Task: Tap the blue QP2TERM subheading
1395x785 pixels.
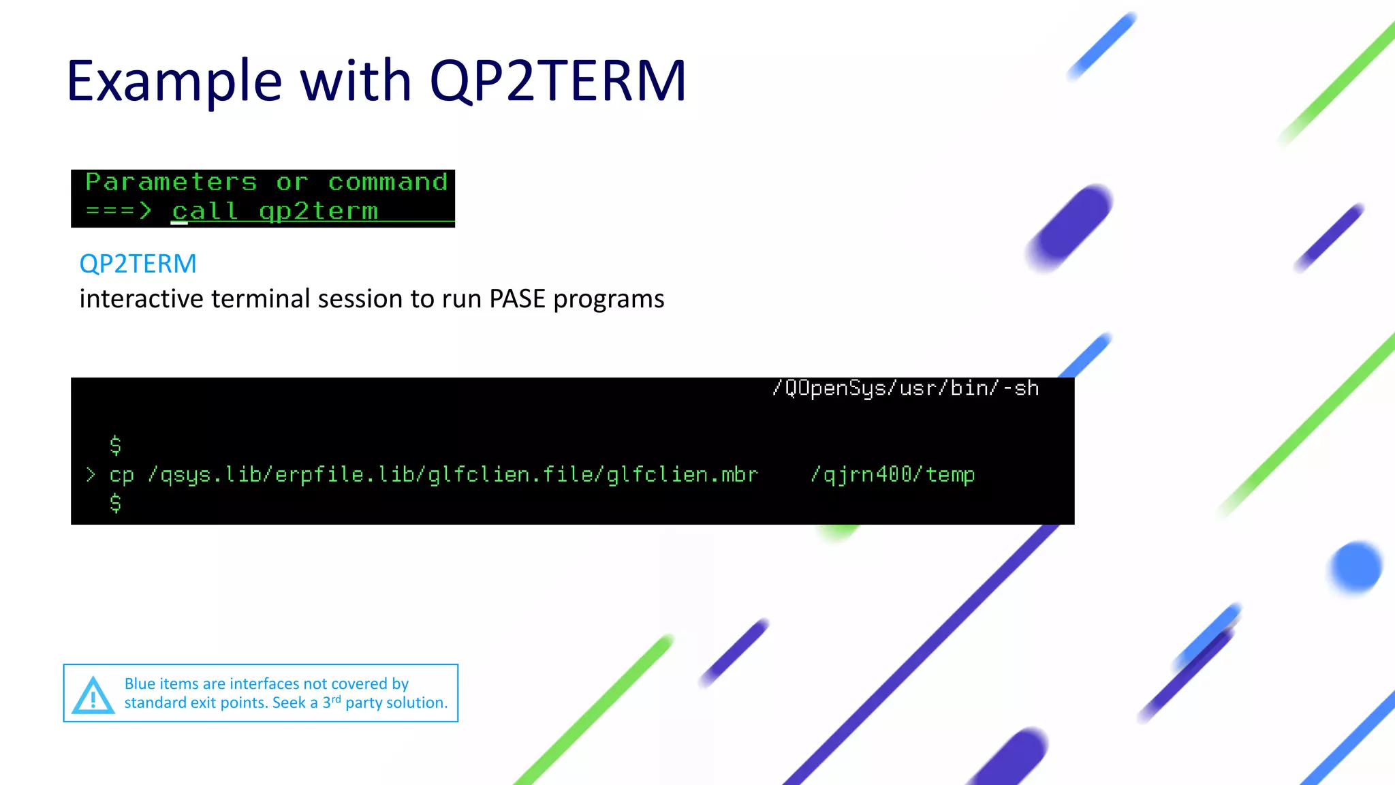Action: [138, 264]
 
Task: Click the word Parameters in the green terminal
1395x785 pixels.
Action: [171, 183]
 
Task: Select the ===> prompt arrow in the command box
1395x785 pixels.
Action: [119, 211]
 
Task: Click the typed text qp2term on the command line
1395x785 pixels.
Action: [318, 211]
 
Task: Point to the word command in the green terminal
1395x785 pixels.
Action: [388, 183]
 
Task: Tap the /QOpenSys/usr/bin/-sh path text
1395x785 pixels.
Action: [905, 388]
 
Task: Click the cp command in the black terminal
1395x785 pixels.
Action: [122, 475]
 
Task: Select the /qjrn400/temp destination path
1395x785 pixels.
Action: [892, 474]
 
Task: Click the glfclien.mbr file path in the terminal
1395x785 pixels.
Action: [681, 474]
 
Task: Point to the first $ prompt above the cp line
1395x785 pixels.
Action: [116, 446]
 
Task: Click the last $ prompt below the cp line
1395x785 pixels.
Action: [116, 504]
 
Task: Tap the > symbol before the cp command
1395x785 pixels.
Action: [91, 475]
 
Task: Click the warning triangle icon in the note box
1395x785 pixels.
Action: [93, 696]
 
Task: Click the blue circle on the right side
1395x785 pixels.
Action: [1355, 567]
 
